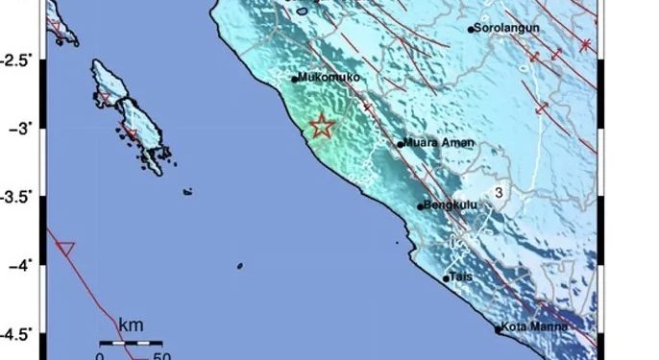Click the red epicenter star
(322, 127)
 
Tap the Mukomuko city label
(329, 77)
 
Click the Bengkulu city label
(452, 204)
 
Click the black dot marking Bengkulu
(421, 205)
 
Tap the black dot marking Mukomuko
(295, 79)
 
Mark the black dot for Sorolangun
(471, 30)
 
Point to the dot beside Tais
(446, 278)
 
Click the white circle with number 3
(500, 193)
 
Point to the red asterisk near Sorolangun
(585, 44)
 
